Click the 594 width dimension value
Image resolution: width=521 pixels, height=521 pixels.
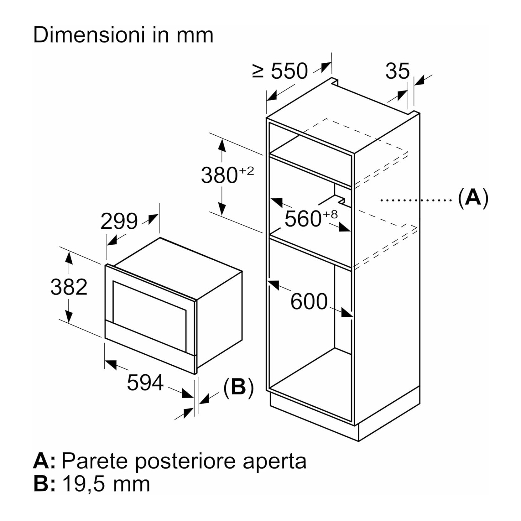point(145,383)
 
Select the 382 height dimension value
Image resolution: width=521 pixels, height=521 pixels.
point(69,287)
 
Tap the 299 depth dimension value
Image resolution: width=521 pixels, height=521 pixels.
point(119,221)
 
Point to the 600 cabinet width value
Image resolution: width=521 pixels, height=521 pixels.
point(309,302)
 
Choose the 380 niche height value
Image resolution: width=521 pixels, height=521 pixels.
point(219,175)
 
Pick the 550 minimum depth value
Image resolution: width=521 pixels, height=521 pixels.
point(289,71)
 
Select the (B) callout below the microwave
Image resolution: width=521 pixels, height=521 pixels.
point(238,388)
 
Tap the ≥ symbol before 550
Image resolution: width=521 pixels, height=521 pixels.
point(258,71)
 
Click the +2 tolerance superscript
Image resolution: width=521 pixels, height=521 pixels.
point(247,171)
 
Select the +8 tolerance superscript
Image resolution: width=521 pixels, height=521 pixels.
point(330,214)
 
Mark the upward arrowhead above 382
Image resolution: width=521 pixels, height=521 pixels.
point(69,259)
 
